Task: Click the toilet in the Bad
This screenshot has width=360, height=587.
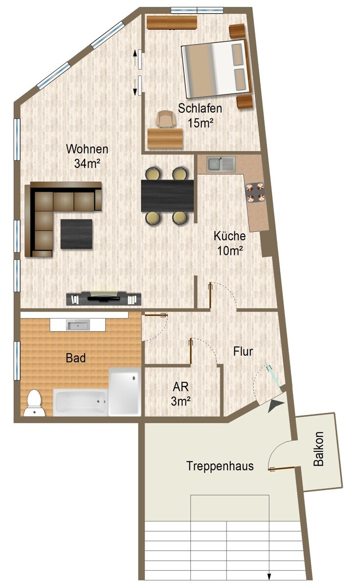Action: coord(34,404)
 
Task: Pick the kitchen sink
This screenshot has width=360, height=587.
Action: coord(221,164)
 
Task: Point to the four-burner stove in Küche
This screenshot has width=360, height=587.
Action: coord(254,192)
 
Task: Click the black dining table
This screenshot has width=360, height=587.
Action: coord(167,196)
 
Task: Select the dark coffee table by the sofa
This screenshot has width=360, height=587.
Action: coord(77,234)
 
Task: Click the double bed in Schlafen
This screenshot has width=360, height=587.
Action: coord(215,68)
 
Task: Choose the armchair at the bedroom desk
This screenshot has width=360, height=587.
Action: coord(164,119)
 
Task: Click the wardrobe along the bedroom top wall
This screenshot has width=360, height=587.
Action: coord(172,23)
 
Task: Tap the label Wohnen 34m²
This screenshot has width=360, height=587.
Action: coord(88,156)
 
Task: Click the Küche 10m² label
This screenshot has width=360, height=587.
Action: coord(229,243)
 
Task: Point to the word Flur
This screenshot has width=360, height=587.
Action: coord(243,351)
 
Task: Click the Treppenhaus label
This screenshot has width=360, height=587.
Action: coord(220,466)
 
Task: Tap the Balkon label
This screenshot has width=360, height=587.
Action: coord(318,449)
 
